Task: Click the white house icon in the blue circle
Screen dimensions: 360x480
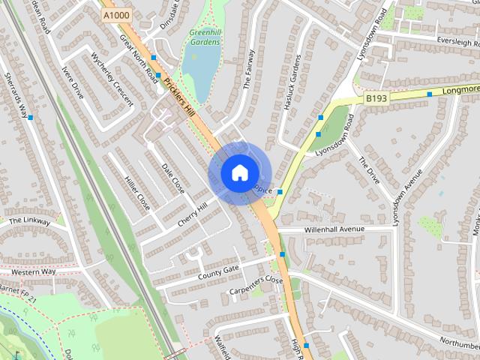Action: pos(238,172)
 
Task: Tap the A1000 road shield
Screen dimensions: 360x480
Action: pos(116,14)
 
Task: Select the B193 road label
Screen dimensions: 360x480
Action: pos(376,97)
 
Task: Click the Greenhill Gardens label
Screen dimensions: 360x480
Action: pos(205,37)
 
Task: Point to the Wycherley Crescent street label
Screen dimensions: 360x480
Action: pos(111,79)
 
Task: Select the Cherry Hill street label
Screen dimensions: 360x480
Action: pos(192,216)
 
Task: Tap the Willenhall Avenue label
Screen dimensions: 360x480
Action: pos(334,229)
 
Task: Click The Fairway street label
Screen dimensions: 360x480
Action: pos(249,70)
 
